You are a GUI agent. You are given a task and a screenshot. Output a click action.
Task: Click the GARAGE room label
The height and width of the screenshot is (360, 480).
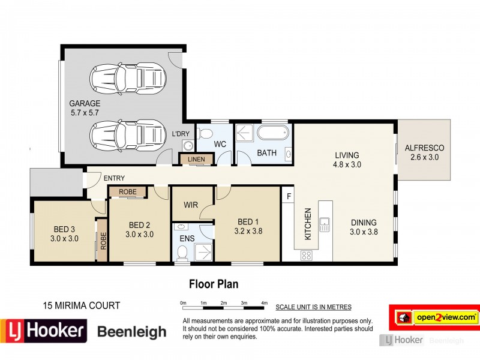pyautogui.click(x=84, y=103)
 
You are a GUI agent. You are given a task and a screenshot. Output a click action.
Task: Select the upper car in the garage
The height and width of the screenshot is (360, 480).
pyautogui.click(x=127, y=77)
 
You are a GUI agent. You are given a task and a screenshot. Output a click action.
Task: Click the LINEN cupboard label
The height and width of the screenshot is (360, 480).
pyautogui.click(x=196, y=159)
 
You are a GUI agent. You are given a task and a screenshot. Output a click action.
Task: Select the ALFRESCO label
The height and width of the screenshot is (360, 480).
pyautogui.click(x=424, y=148)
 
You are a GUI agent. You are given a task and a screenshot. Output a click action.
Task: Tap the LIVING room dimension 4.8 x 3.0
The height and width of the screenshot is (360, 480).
pyautogui.click(x=347, y=165)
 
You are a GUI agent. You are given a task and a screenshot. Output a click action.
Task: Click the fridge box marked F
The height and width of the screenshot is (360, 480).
pyautogui.click(x=289, y=196)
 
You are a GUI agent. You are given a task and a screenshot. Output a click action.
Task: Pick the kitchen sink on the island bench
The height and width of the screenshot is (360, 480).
pyautogui.click(x=325, y=225)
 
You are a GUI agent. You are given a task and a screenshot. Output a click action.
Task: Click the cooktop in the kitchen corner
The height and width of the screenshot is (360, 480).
pyautogui.click(x=306, y=255)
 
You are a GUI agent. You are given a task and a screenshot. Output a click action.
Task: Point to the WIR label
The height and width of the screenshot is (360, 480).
pyautogui.click(x=191, y=205)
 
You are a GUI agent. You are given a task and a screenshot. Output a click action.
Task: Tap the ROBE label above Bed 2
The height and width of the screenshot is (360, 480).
pyautogui.click(x=127, y=192)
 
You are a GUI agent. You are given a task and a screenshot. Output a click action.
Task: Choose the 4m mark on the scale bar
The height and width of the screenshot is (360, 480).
pyautogui.click(x=265, y=303)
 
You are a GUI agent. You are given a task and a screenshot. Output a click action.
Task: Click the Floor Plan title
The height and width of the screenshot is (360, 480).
pyautogui.click(x=214, y=283)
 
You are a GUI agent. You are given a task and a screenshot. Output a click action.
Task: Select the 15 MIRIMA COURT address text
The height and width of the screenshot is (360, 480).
pyautogui.click(x=82, y=305)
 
